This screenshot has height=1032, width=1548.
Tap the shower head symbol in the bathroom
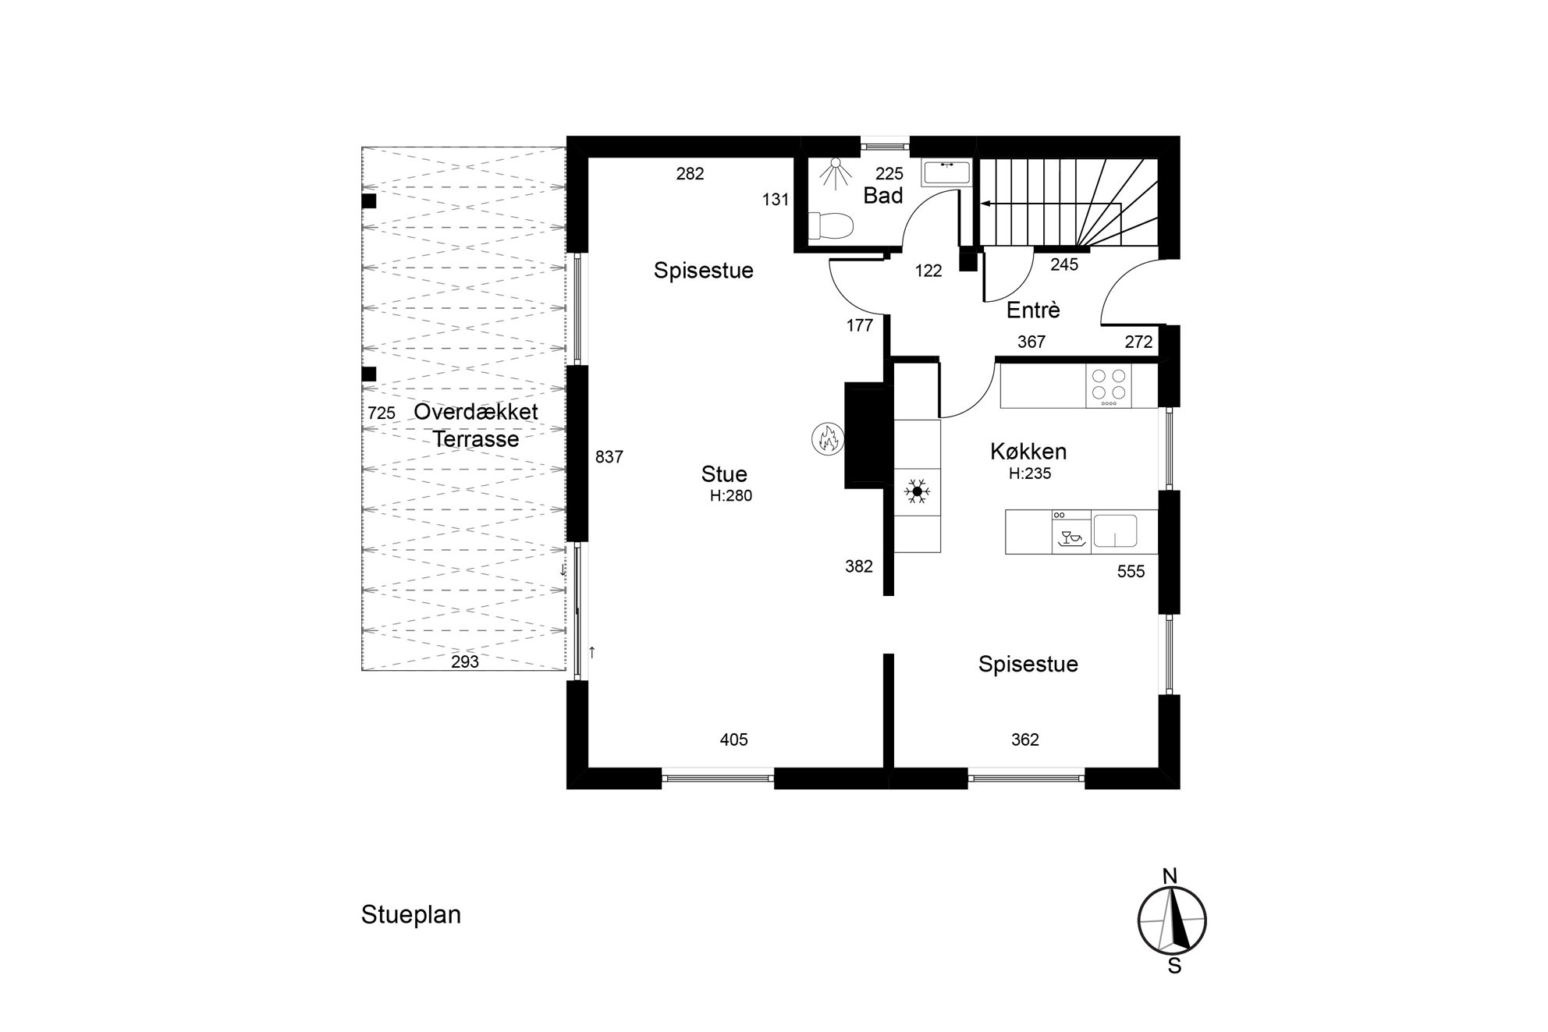(836, 173)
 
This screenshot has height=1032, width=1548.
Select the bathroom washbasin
(947, 172)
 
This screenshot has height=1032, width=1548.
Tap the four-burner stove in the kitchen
(1109, 386)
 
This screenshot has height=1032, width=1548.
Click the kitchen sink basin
(1115, 530)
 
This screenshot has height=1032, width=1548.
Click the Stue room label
(724, 474)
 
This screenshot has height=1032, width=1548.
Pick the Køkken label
(1028, 452)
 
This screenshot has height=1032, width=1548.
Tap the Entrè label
(1033, 310)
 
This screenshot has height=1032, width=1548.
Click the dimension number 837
(609, 457)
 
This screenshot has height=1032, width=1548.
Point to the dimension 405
(734, 739)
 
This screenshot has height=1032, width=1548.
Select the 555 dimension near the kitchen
(1131, 572)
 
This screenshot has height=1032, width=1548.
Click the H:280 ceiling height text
(731, 495)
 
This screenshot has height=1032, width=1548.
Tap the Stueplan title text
(411, 915)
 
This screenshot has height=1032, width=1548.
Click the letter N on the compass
(1170, 877)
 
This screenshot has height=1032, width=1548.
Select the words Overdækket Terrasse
(476, 425)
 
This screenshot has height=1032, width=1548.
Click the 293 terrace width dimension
(465, 662)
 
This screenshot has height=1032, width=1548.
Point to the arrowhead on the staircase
(985, 204)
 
